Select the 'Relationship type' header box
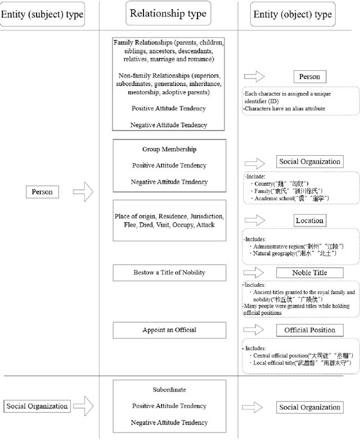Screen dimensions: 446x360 tap(168, 13)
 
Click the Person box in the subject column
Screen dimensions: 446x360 tap(42, 192)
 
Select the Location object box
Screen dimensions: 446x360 tap(309, 220)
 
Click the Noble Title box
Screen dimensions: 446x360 tap(309, 273)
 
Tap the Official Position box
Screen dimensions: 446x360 tap(309, 330)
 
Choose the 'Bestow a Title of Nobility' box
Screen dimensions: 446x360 tap(169, 273)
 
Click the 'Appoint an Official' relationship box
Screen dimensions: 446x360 tap(169, 330)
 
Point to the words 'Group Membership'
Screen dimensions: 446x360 tap(169, 150)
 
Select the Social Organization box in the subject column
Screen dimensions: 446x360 tap(37, 406)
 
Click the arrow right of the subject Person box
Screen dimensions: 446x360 tap(83, 192)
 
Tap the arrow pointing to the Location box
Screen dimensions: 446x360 tap(254, 221)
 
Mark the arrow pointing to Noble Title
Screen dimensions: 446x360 tap(254, 273)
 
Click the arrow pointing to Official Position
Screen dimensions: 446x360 tap(254, 330)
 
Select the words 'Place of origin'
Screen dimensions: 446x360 tap(137, 217)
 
